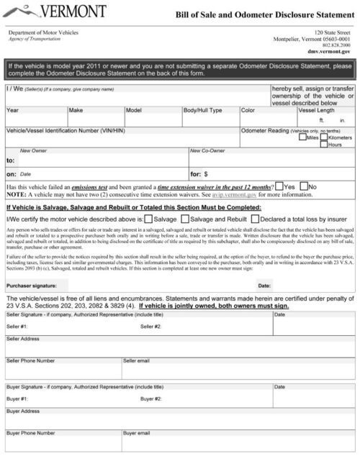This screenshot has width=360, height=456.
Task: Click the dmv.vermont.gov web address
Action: [x=329, y=52]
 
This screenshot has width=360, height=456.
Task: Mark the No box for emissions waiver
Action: [x=303, y=186]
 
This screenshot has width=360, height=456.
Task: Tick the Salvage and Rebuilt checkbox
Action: [x=185, y=219]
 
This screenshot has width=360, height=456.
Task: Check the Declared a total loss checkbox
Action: [x=256, y=219]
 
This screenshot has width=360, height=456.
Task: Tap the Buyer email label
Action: [x=137, y=433]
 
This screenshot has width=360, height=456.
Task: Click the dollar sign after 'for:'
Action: [x=207, y=173]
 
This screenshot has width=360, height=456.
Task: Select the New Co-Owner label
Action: [x=207, y=150]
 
